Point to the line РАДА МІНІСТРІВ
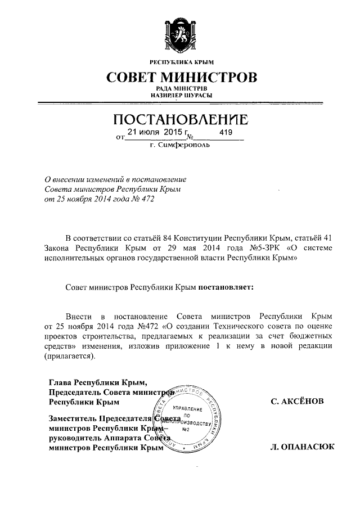click(181, 89)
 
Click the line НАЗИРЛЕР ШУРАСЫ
click(181, 96)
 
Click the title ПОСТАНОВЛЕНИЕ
click(181, 120)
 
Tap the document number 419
click(226, 133)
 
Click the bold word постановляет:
click(225, 286)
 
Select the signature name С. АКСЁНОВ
click(298, 402)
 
